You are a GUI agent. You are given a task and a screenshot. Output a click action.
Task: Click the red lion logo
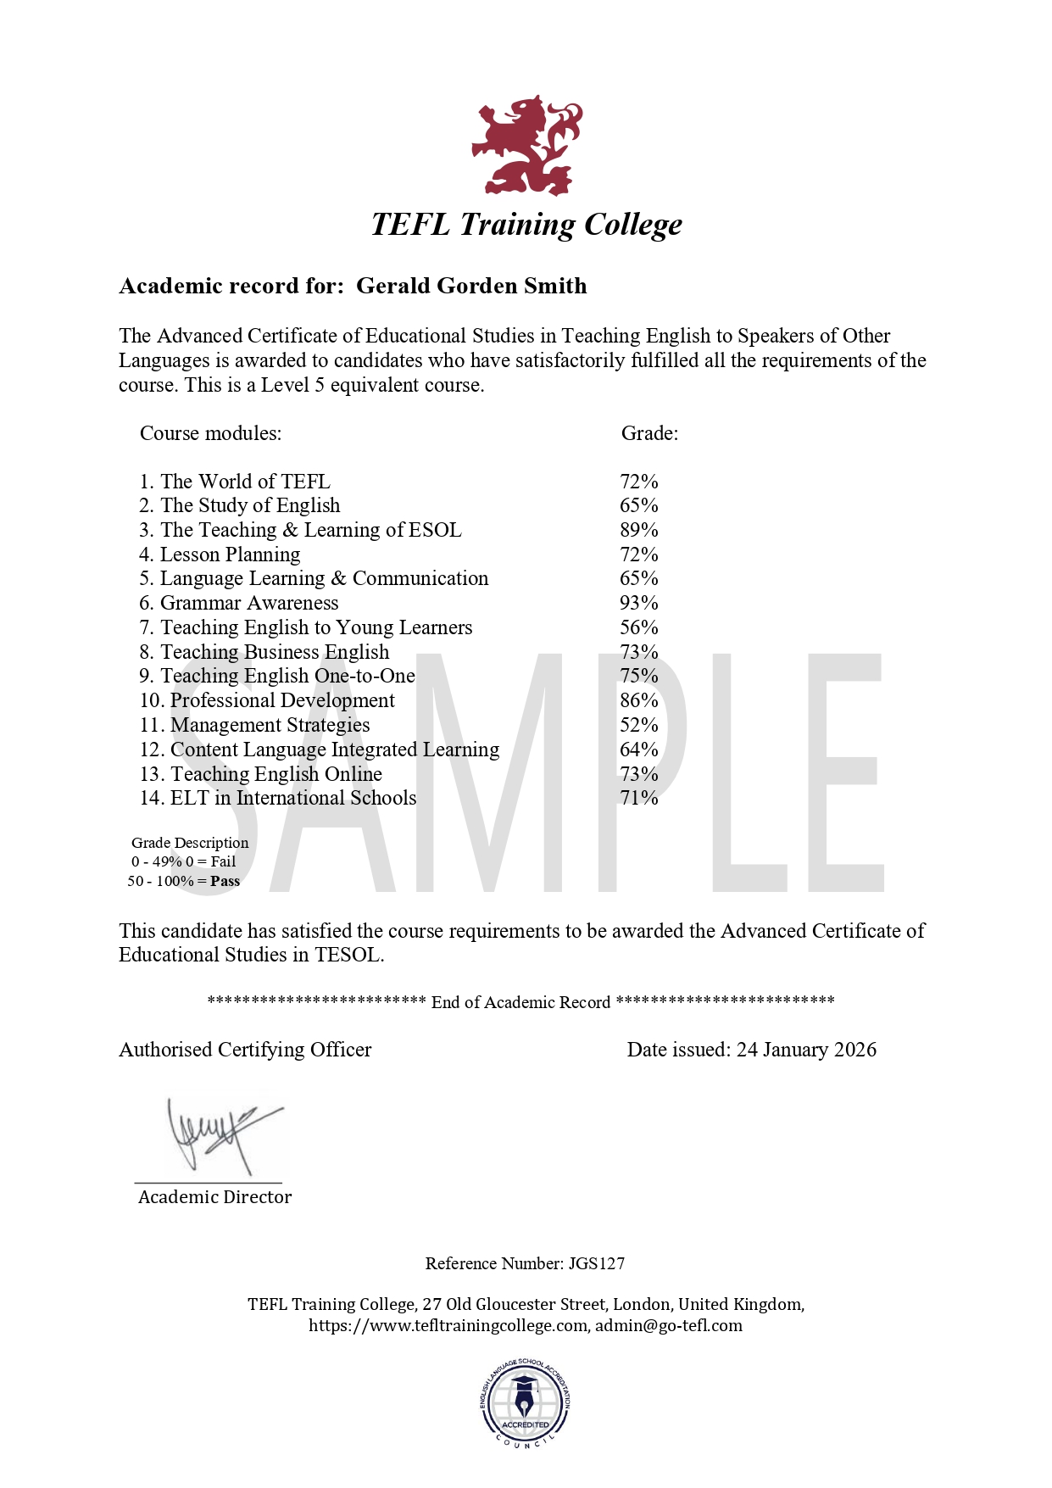click(526, 146)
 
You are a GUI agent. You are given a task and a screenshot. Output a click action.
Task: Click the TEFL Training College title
click(526, 225)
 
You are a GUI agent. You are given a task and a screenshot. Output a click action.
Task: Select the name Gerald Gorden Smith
click(471, 286)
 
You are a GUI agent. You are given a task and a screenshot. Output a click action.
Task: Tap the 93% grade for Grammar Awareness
click(639, 603)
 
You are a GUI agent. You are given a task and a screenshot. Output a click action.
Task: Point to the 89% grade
click(639, 530)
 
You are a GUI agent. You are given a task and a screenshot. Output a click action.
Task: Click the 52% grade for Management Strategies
click(639, 725)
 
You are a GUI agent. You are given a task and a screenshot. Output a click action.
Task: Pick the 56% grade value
click(639, 627)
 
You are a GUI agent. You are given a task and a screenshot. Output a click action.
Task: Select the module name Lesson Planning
click(231, 555)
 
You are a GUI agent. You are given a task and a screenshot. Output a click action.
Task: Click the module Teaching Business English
click(276, 652)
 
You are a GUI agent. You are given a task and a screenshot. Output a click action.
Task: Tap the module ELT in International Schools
click(293, 798)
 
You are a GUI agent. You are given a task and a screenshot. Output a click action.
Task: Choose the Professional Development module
click(282, 700)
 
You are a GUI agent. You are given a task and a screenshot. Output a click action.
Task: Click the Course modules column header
click(210, 433)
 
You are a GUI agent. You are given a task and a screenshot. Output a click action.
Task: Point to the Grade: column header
click(649, 433)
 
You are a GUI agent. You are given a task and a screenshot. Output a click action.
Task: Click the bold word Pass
click(225, 881)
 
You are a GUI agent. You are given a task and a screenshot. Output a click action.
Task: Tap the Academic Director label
click(214, 1197)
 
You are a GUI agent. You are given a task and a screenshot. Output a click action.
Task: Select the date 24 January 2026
click(806, 1050)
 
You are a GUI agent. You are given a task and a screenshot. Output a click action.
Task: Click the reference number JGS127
click(597, 1263)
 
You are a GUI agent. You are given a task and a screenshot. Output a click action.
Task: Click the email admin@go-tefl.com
click(669, 1325)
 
